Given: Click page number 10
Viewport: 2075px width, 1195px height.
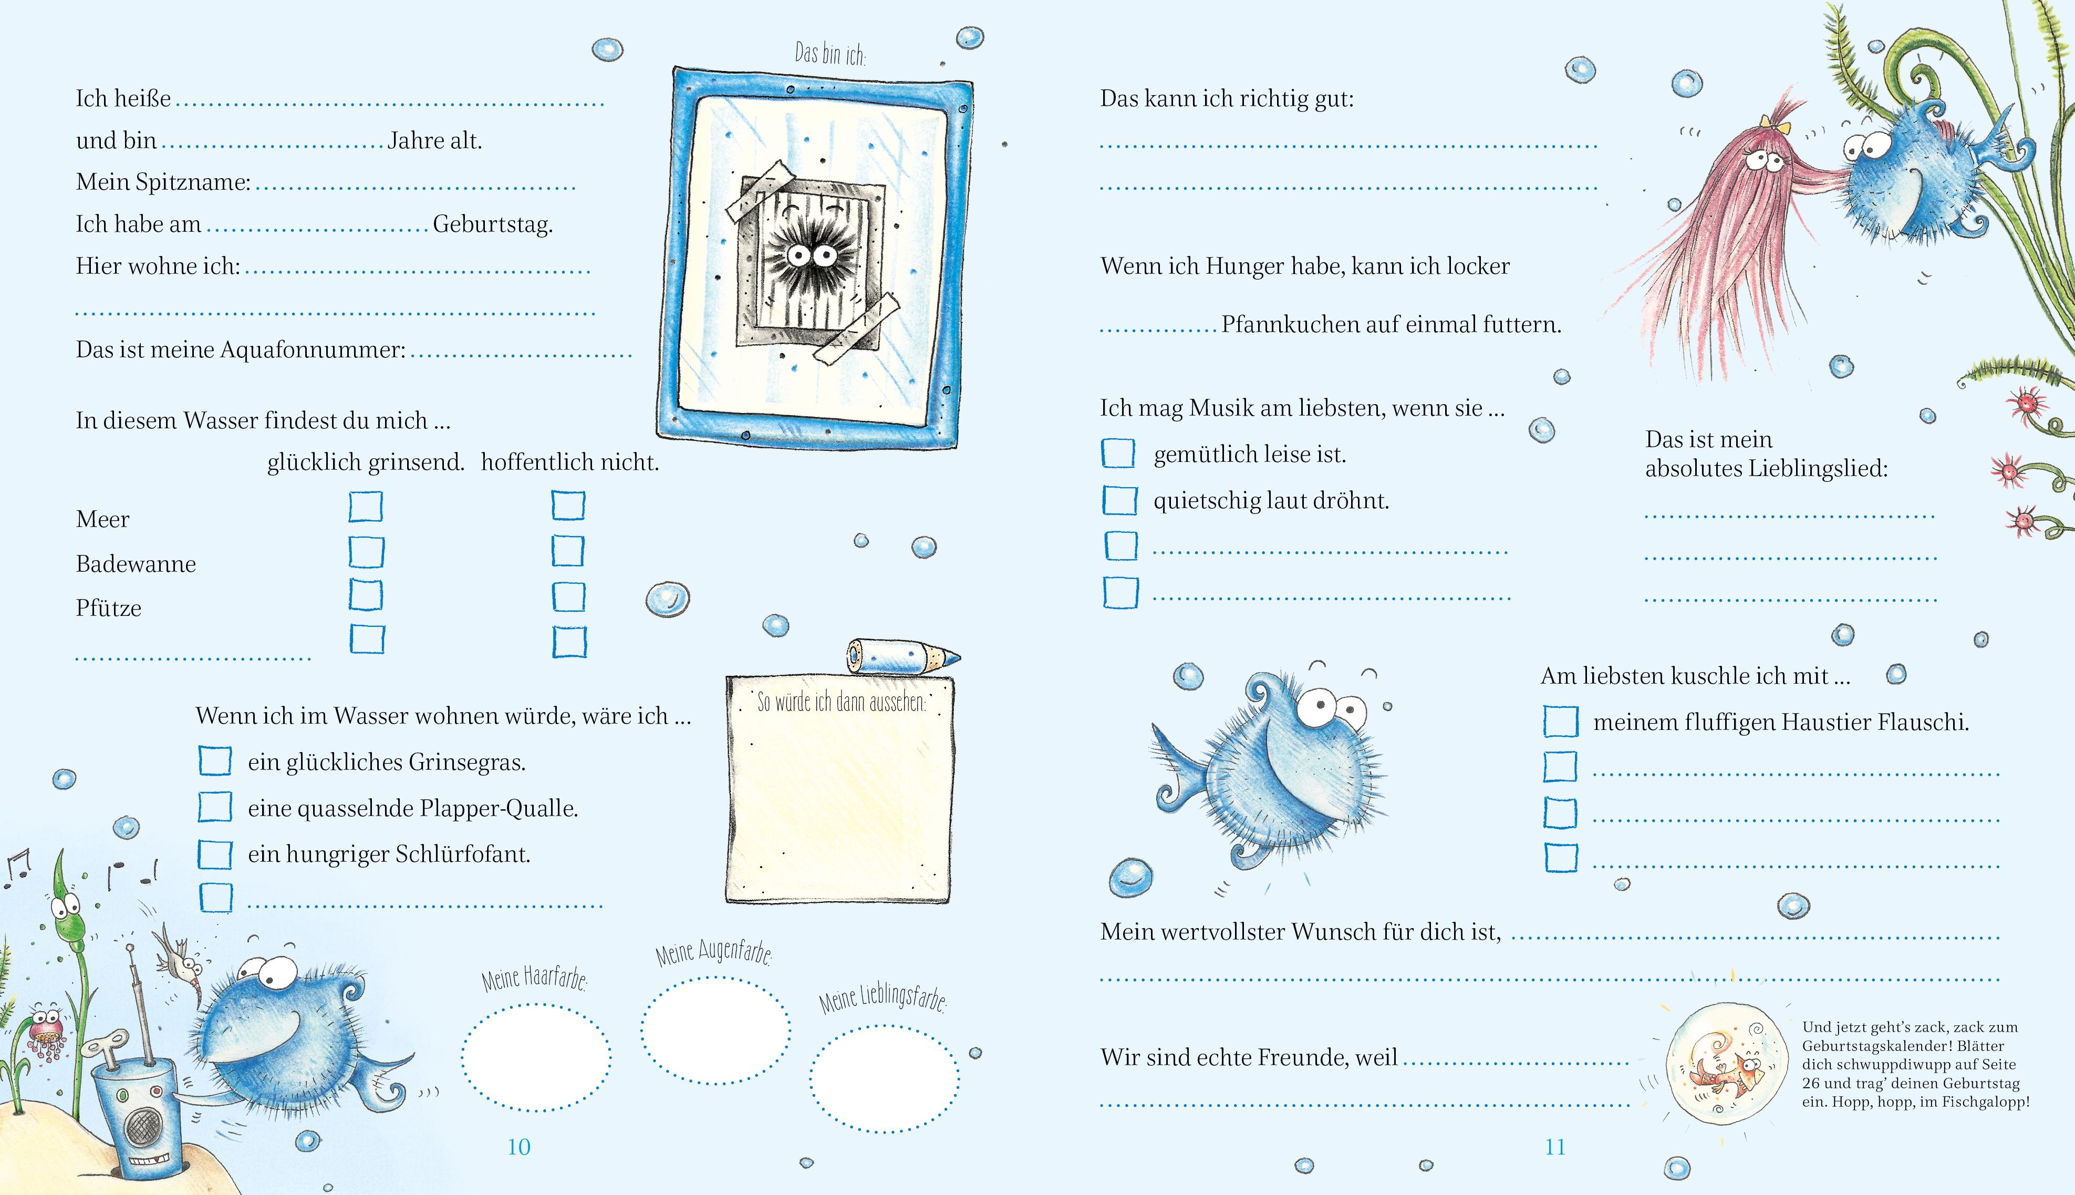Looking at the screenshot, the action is [518, 1147].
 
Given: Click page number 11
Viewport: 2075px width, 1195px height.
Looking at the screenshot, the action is [1555, 1147].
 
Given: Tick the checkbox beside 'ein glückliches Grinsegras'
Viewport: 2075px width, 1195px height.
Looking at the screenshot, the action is [215, 761].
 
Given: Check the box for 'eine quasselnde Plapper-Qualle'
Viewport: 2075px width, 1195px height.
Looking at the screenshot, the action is [215, 807].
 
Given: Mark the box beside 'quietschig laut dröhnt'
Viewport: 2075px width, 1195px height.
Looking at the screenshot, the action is [1119, 500].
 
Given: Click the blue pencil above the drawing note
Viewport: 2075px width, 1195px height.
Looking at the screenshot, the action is [902, 655].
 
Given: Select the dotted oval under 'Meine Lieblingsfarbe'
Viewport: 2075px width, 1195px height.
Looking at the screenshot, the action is [885, 1078].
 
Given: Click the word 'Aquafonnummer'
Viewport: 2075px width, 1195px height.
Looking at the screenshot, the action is [314, 349].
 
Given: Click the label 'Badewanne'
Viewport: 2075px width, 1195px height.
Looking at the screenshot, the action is [136, 564].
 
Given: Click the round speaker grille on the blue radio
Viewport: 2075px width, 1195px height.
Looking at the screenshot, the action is [141, 1128].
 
